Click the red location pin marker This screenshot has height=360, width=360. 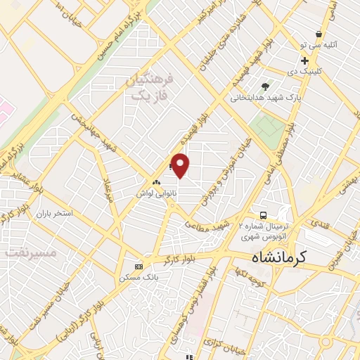point(181,165)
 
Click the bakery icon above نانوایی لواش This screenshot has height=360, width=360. point(156,181)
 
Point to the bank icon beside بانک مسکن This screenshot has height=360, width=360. point(139,266)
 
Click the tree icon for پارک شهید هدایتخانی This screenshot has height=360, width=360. point(264,86)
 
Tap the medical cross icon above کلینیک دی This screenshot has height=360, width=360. point(304,61)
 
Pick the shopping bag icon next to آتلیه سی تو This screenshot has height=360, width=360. point(319,33)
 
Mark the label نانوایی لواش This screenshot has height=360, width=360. point(155,192)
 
